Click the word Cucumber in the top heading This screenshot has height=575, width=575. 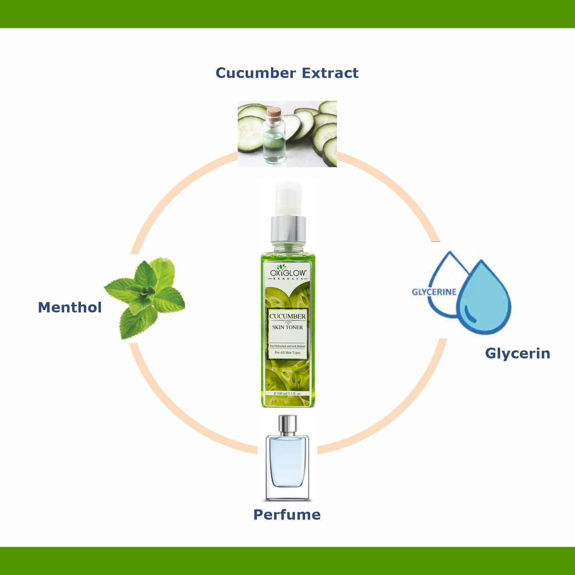[x=256, y=73]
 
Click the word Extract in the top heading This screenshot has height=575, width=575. [x=330, y=73]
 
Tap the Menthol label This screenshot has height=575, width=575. [x=70, y=307]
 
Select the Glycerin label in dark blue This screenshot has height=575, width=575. [x=517, y=353]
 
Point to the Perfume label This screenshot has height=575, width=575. [x=287, y=514]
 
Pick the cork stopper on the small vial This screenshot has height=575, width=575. [x=274, y=113]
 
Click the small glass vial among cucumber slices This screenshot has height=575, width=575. [x=274, y=142]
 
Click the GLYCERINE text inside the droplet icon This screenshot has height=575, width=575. [x=434, y=292]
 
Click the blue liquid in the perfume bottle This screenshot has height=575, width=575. [x=287, y=460]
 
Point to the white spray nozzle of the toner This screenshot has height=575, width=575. [x=289, y=199]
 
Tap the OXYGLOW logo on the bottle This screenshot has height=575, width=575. [x=288, y=273]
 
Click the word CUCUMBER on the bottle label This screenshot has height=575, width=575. [x=287, y=316]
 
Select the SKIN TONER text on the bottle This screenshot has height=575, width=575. [x=287, y=327]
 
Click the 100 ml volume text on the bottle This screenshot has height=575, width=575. [x=287, y=393]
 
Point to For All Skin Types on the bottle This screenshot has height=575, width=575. [x=287, y=353]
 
